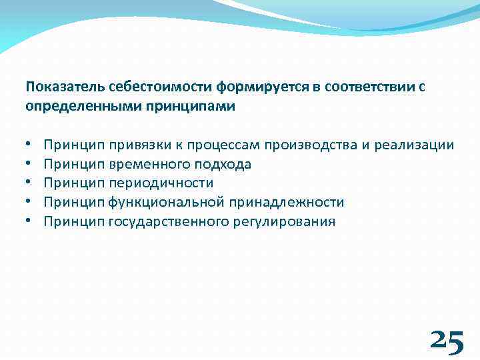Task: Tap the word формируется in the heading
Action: pyautogui.click(x=218, y=87)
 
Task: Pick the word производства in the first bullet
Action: pyautogui.click(x=309, y=145)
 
